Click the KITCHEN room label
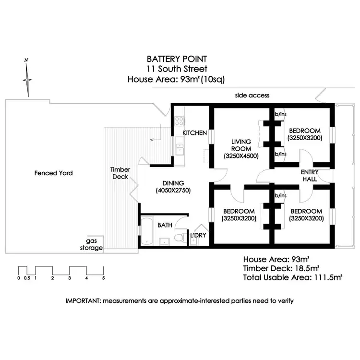click(194, 133)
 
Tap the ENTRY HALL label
click(309, 176)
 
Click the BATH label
click(165, 225)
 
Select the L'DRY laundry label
click(198, 236)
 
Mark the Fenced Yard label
click(54, 173)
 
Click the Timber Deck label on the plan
click(120, 173)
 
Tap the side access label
click(252, 96)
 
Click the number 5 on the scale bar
click(103, 278)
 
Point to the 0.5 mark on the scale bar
click(27, 278)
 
